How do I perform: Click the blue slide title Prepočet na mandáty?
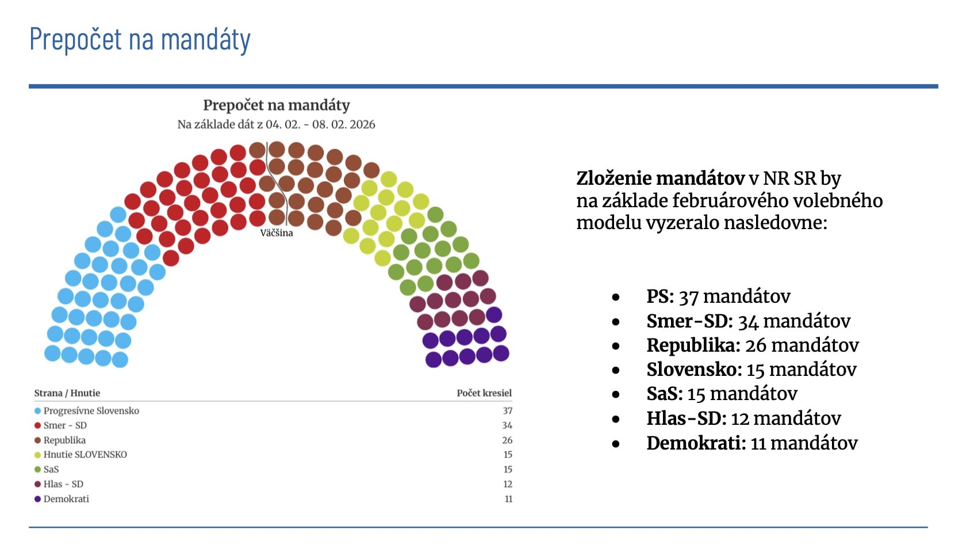[x=140, y=40]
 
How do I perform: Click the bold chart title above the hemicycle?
[x=276, y=105]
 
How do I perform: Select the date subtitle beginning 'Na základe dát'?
[x=276, y=124]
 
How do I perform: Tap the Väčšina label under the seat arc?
[x=277, y=233]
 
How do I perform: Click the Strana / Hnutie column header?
[x=67, y=393]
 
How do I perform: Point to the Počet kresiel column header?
[x=484, y=393]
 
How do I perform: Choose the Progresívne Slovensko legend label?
[x=91, y=411]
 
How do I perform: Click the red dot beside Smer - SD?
[x=37, y=425]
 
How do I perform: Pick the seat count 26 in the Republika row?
[x=507, y=440]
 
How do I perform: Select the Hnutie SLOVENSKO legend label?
[x=85, y=455]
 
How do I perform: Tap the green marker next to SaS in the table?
[x=37, y=470]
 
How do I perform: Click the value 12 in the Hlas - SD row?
[x=508, y=484]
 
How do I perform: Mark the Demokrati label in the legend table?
[x=66, y=499]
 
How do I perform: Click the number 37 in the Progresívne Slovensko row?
[x=507, y=411]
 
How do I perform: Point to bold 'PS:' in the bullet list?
[x=659, y=296]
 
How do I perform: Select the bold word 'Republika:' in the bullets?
[x=693, y=345]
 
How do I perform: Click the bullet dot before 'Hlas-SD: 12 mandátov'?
[x=616, y=419]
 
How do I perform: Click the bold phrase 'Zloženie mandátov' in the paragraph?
[x=660, y=178]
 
